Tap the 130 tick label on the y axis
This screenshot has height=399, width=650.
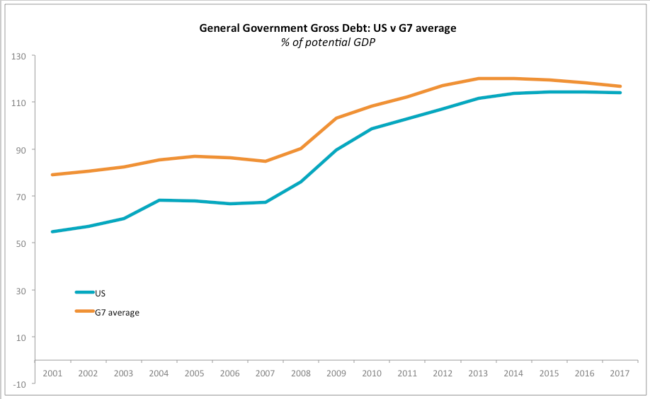[x=19, y=56]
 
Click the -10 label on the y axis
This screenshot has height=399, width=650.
[x=19, y=384]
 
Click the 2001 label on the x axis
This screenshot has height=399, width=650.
[x=52, y=373]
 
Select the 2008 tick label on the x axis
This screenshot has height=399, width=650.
[x=301, y=373]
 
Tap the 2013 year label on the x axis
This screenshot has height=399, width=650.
[x=479, y=373]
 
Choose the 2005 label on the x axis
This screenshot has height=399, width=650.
[x=195, y=373]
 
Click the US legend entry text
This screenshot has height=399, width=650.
[x=101, y=292]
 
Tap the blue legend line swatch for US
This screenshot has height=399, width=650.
[x=84, y=292]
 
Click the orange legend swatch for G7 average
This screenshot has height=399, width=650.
[x=84, y=311]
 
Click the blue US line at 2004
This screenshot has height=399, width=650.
[x=159, y=200]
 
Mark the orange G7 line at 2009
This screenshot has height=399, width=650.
[x=336, y=118]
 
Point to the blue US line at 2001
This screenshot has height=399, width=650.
[x=52, y=231]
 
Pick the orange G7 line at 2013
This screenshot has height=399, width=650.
[x=479, y=79]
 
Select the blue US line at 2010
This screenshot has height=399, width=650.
[x=372, y=129]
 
